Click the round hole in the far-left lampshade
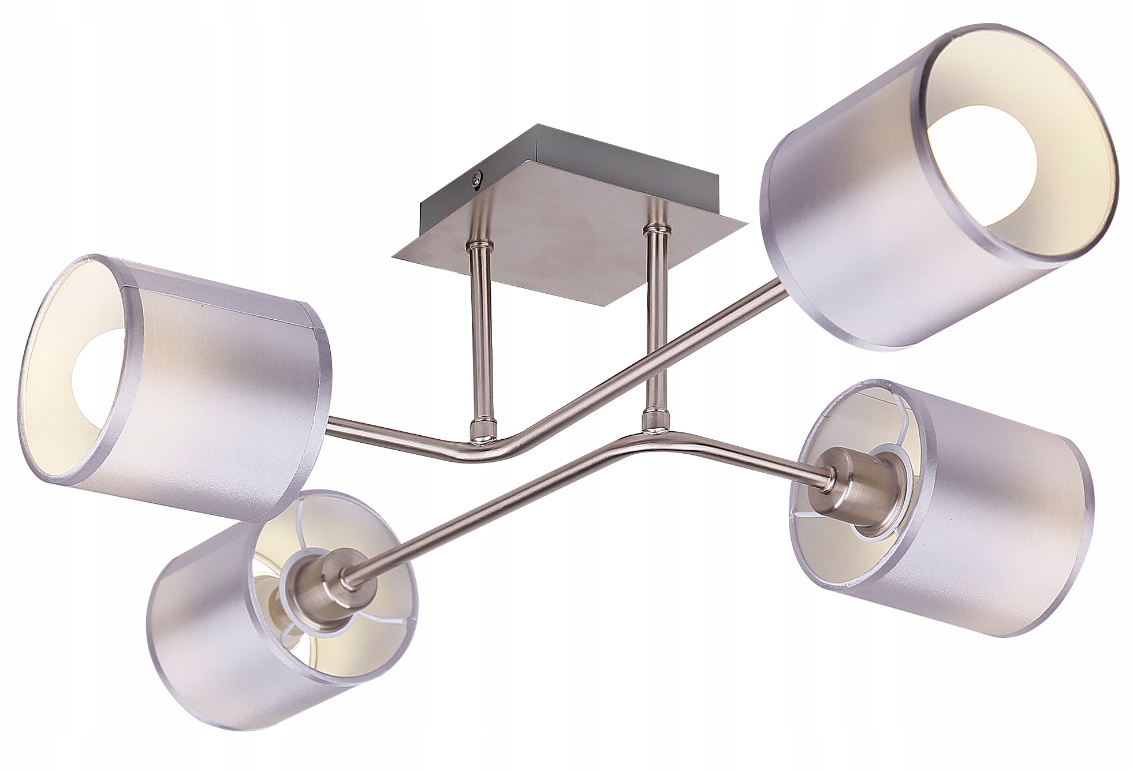pos(95,370)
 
